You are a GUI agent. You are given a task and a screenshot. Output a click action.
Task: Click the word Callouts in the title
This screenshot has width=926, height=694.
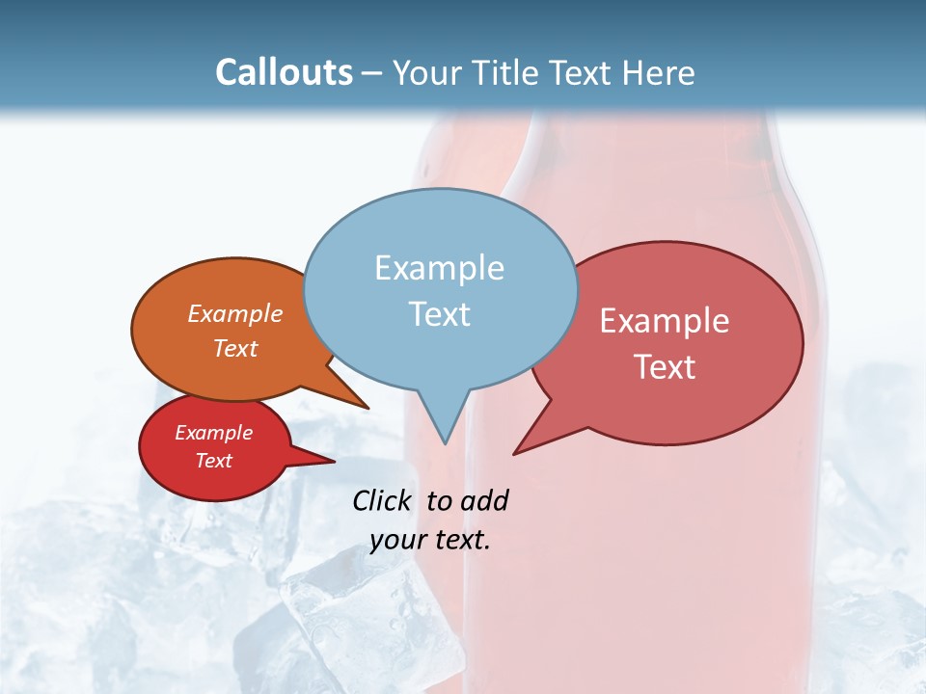coord(284,72)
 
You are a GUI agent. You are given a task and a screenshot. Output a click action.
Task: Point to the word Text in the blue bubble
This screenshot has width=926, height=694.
coord(439,313)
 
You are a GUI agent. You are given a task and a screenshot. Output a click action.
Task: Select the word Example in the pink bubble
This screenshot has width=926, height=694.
coord(665,321)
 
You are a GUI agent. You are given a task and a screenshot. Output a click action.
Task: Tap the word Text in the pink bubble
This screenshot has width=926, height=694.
coord(665,366)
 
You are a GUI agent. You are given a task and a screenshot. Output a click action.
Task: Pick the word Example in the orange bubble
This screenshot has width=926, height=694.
coord(235,314)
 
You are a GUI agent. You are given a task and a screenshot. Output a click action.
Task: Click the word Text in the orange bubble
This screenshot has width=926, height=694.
coord(235,348)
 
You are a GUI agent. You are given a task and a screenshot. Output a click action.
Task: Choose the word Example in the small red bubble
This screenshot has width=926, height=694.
coord(213,433)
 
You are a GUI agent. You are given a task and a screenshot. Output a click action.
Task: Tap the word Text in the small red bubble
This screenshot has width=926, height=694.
coord(213,461)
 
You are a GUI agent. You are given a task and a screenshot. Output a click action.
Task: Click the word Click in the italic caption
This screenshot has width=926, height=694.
coord(383,500)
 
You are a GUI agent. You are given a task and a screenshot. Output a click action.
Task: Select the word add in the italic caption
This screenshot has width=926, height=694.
coord(483,500)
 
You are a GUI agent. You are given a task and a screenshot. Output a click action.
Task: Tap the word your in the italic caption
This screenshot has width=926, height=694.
coord(396,540)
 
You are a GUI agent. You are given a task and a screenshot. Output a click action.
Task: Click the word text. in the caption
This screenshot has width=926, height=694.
coord(460,540)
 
